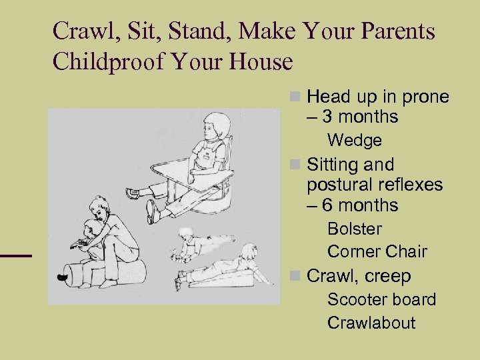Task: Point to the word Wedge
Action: point(355,141)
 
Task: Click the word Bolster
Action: point(355,229)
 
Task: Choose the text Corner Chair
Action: point(377,252)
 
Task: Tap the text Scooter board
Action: point(381,299)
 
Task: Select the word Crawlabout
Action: point(371,323)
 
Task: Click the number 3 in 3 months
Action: point(328,117)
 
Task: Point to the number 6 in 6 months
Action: point(328,205)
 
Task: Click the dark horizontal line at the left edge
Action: point(15,255)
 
